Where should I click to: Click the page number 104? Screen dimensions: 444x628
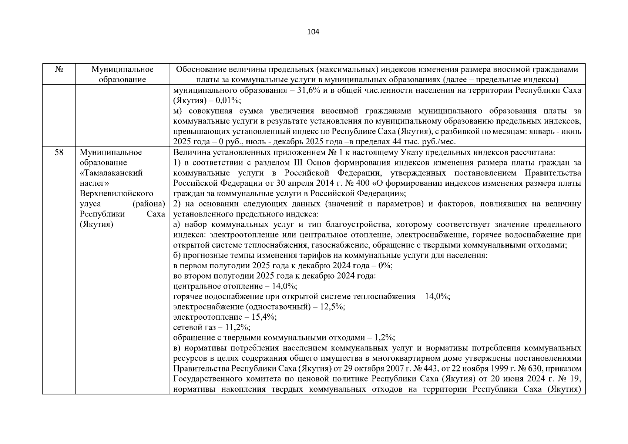(x=313, y=32)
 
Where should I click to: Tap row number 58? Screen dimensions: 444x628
(x=59, y=152)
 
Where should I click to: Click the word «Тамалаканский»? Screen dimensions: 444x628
(x=111, y=173)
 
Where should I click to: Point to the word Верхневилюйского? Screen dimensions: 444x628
(x=117, y=194)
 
